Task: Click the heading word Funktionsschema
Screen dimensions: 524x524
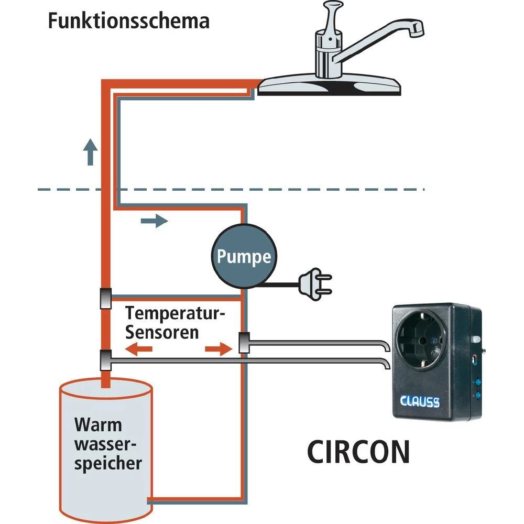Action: pyautogui.click(x=128, y=21)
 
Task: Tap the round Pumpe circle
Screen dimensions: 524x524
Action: pyautogui.click(x=244, y=257)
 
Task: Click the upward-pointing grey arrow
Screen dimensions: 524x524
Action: pyautogui.click(x=91, y=152)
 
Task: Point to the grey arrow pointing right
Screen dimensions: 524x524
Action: pyautogui.click(x=155, y=221)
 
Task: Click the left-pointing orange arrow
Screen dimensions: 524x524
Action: pyautogui.click(x=138, y=350)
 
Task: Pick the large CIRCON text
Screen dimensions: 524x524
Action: pyautogui.click(x=358, y=452)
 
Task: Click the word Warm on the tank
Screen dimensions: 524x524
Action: pyautogui.click(x=97, y=424)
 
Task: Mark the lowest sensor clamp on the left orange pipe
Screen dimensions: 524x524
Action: pyautogui.click(x=105, y=359)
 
